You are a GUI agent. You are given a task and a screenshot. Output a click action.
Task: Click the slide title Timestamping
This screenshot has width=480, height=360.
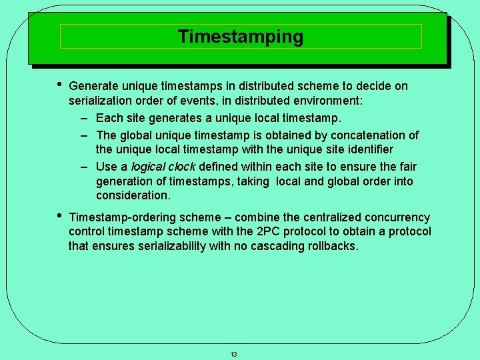241,37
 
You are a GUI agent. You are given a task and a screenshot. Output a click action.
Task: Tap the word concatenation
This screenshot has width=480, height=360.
369,135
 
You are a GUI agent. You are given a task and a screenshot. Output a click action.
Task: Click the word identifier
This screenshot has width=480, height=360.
367,149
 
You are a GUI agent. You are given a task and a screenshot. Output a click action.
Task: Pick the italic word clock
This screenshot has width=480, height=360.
182,167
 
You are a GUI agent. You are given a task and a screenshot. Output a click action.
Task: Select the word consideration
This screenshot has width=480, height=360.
133,195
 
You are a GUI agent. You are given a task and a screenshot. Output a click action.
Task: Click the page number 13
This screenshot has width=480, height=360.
233,354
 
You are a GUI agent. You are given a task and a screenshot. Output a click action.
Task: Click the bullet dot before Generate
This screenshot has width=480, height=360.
60,85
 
